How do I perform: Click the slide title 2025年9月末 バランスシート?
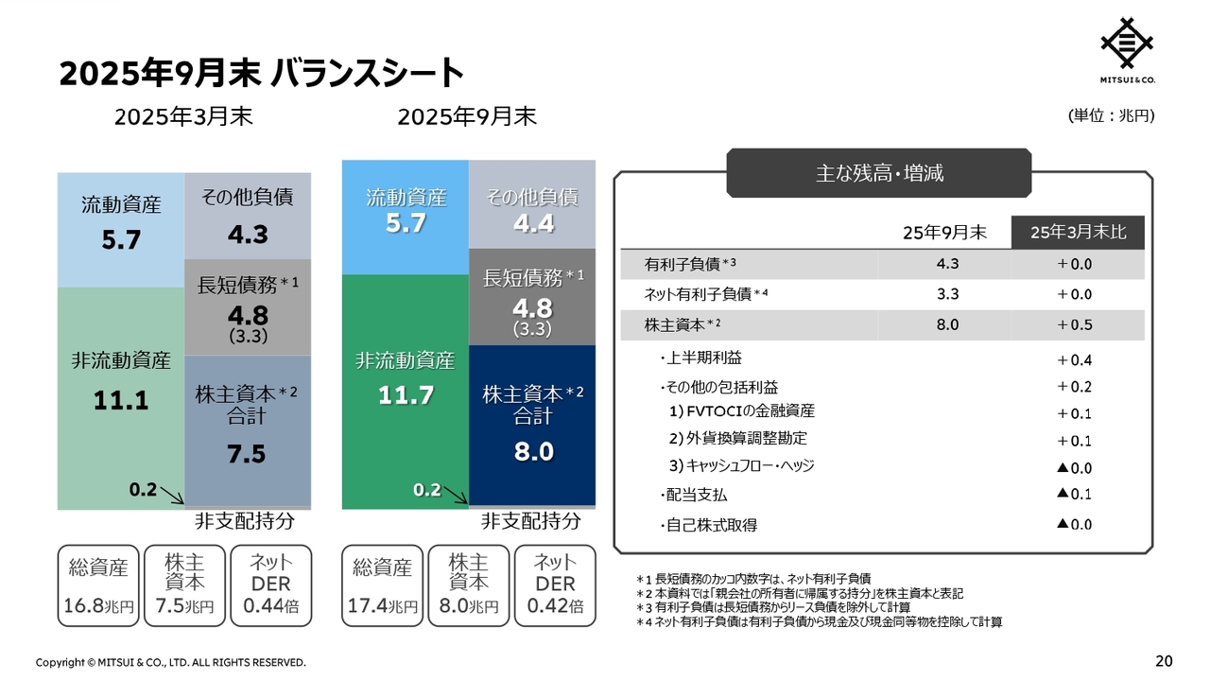(x=261, y=73)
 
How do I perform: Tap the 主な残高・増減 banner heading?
(x=879, y=173)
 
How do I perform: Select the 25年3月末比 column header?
(x=1078, y=233)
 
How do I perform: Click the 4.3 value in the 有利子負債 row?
(x=947, y=264)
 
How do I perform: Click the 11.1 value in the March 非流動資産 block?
(x=121, y=401)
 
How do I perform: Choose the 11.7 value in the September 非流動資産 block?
(x=406, y=396)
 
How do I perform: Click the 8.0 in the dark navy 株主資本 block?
(x=533, y=452)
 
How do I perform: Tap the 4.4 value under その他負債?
(x=533, y=224)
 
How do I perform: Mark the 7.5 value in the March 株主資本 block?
(x=247, y=454)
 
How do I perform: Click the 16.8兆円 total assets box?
(x=98, y=585)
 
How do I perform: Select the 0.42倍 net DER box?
(x=555, y=585)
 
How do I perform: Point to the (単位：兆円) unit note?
(x=1111, y=115)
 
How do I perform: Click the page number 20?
(x=1164, y=660)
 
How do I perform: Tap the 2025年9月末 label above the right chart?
(x=467, y=116)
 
